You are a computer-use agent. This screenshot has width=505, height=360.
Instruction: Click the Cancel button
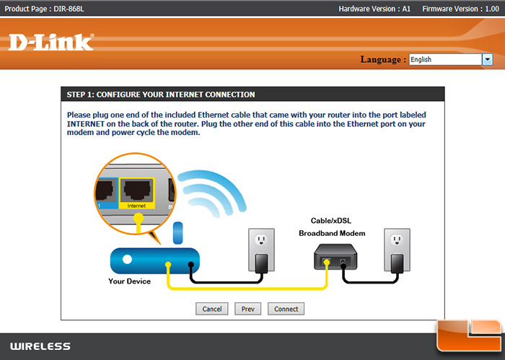coord(211,309)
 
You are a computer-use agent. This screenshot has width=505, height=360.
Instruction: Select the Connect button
coord(286,309)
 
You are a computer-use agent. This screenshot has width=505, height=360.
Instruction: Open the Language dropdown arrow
coord(487,60)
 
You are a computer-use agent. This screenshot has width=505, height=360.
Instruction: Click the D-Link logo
coord(50,43)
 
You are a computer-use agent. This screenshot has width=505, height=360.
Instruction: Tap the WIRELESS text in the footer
coord(40,346)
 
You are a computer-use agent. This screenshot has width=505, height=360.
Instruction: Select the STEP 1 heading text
coord(160,95)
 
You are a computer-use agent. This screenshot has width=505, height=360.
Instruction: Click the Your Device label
coord(129,281)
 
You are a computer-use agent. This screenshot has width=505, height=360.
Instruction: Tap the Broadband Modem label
coord(333,234)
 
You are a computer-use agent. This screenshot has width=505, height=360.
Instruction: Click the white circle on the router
coord(127,259)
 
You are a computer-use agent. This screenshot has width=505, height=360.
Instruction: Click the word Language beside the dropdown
coord(382,60)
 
